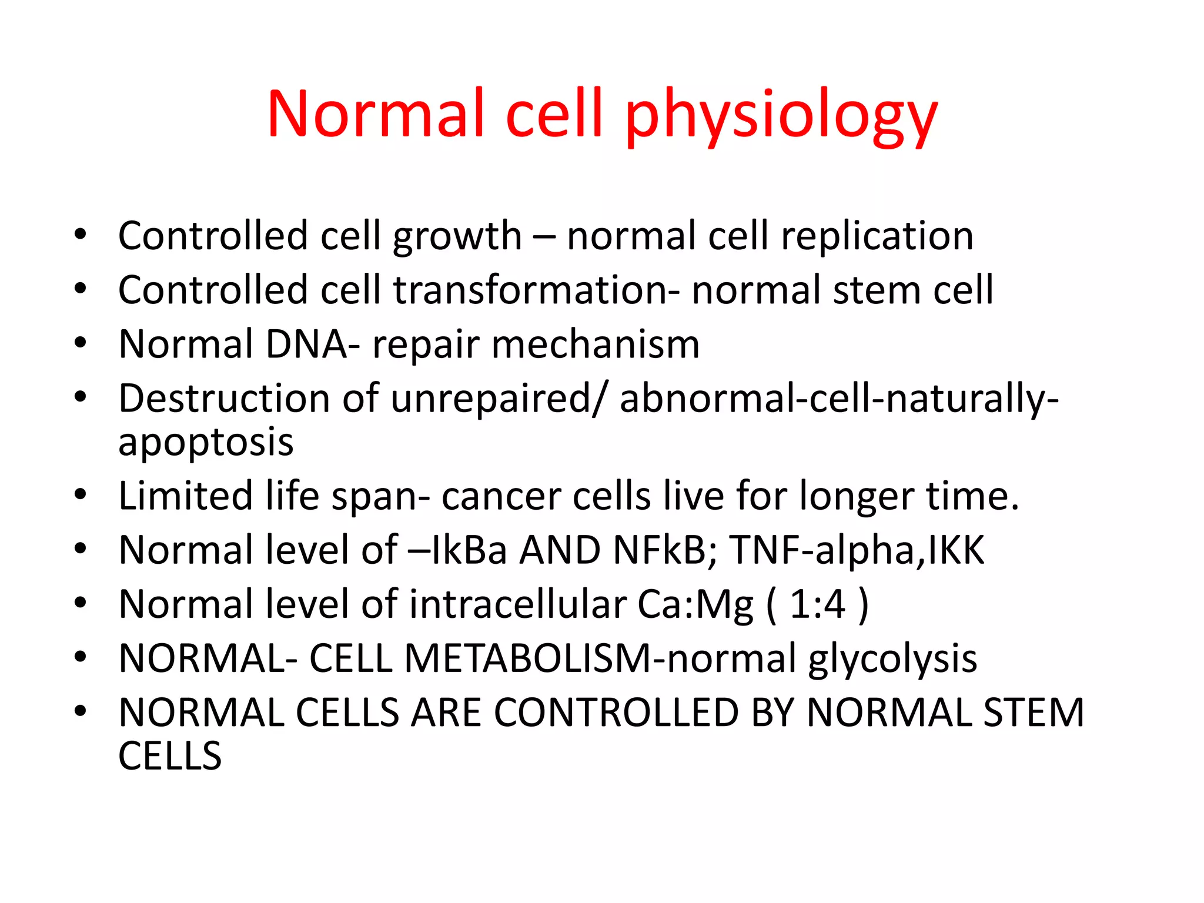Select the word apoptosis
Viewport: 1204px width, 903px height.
click(x=206, y=443)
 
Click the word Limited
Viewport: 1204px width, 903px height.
click(x=185, y=496)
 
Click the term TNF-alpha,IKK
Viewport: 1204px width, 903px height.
click(x=857, y=550)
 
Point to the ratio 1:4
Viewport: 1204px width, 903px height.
click(x=818, y=604)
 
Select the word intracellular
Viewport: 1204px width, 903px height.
click(x=518, y=604)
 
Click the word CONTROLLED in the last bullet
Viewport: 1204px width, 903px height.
click(x=616, y=713)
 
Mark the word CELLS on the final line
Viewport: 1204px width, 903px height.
click(x=170, y=756)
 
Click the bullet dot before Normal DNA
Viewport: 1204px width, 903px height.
click(x=81, y=343)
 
